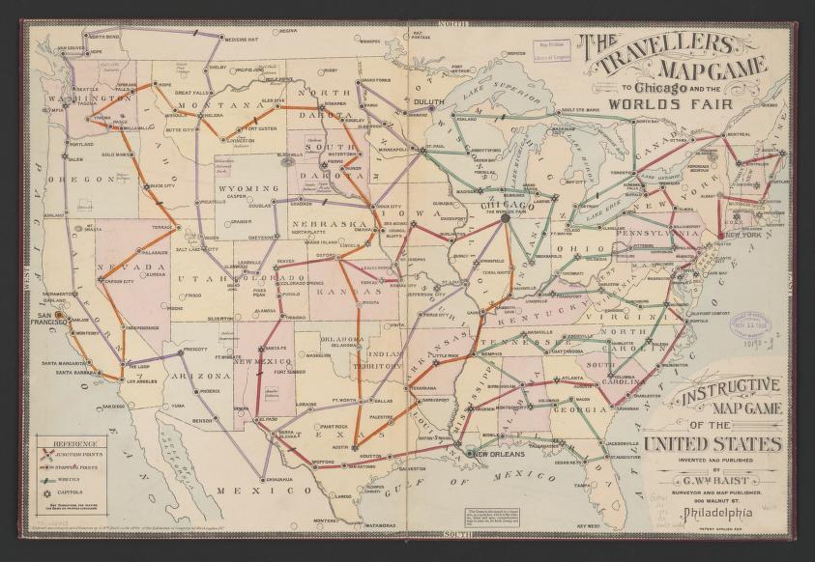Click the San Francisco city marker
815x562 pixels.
pyautogui.click(x=60, y=315)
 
